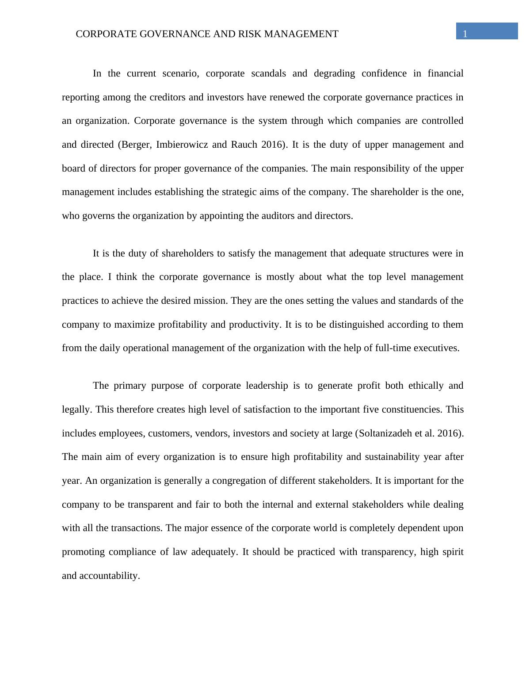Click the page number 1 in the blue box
pos(465,34)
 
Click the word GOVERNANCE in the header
pos(175,34)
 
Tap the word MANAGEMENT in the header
pos(301,34)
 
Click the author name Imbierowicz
pos(182,145)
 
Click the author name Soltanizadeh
pos(385,433)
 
